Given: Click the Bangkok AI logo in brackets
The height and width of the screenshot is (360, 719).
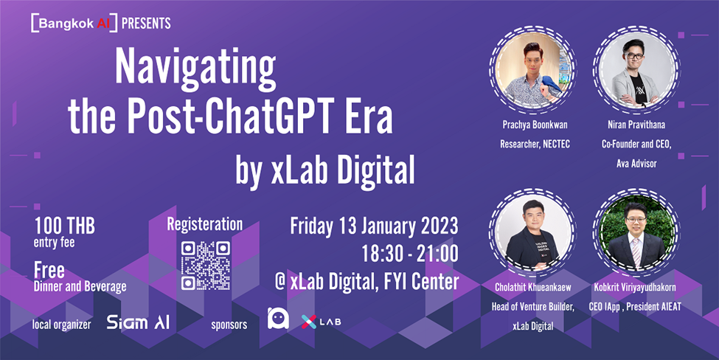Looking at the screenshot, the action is (x=74, y=23).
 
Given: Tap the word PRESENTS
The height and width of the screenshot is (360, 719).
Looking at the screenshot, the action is (x=146, y=24).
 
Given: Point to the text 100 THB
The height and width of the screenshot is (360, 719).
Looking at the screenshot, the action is (x=65, y=226).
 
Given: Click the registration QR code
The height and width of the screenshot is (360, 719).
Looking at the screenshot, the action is (x=206, y=266).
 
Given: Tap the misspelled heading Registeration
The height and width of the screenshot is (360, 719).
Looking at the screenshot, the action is (x=204, y=225).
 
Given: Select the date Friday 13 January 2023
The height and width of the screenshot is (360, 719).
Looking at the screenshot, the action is (x=374, y=226).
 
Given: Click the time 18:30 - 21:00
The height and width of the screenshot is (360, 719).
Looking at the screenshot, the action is (x=410, y=254).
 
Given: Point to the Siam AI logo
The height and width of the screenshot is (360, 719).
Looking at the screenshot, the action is (x=138, y=322).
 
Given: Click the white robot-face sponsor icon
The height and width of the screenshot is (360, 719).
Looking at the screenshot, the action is (x=278, y=318).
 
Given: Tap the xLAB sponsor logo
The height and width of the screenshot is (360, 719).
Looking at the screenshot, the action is (x=321, y=322).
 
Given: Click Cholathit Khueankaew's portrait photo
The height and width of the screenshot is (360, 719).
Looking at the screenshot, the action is (x=533, y=234).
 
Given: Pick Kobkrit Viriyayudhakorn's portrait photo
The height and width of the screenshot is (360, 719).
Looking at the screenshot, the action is (x=636, y=234).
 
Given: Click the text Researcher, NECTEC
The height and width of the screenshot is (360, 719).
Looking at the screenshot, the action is (x=535, y=145).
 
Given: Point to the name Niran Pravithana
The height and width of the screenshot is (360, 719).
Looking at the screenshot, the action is (x=636, y=125).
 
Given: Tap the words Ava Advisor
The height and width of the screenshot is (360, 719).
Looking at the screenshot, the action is (x=636, y=164).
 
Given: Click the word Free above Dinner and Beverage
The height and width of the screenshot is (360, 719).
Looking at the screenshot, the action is (x=49, y=271).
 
